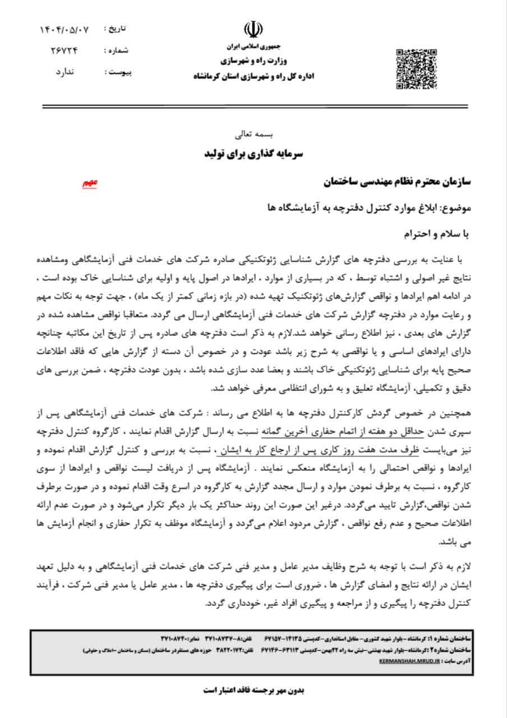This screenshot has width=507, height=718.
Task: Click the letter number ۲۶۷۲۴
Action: pos(66,50)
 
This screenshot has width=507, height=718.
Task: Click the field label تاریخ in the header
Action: pos(117,29)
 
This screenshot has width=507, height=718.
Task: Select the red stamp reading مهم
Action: pos(90,183)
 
